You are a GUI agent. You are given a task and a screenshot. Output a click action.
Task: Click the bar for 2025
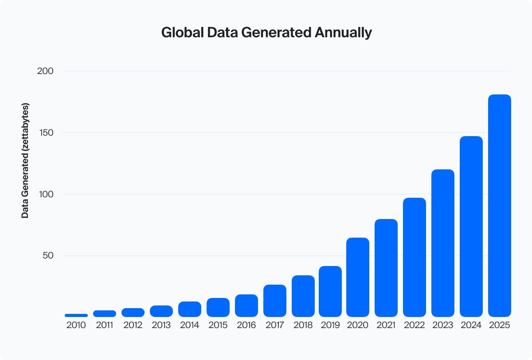tap(500, 206)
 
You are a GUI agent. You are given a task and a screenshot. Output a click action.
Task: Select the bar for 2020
tap(358, 277)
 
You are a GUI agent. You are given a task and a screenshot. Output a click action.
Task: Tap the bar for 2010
tap(76, 315)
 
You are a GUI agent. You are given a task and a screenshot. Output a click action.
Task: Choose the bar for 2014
tap(190, 309)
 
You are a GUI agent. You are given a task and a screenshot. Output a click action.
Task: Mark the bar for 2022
tap(415, 257)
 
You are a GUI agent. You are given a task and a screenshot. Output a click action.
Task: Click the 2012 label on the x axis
tap(133, 325)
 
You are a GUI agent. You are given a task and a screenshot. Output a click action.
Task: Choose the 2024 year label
tap(471, 325)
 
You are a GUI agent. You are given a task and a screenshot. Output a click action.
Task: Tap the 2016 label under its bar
tap(246, 325)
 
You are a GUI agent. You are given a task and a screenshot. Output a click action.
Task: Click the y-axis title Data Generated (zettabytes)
tap(25, 160)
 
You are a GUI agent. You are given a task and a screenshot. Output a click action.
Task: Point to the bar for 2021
tap(386, 268)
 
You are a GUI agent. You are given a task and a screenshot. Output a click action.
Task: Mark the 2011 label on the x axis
tap(105, 325)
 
